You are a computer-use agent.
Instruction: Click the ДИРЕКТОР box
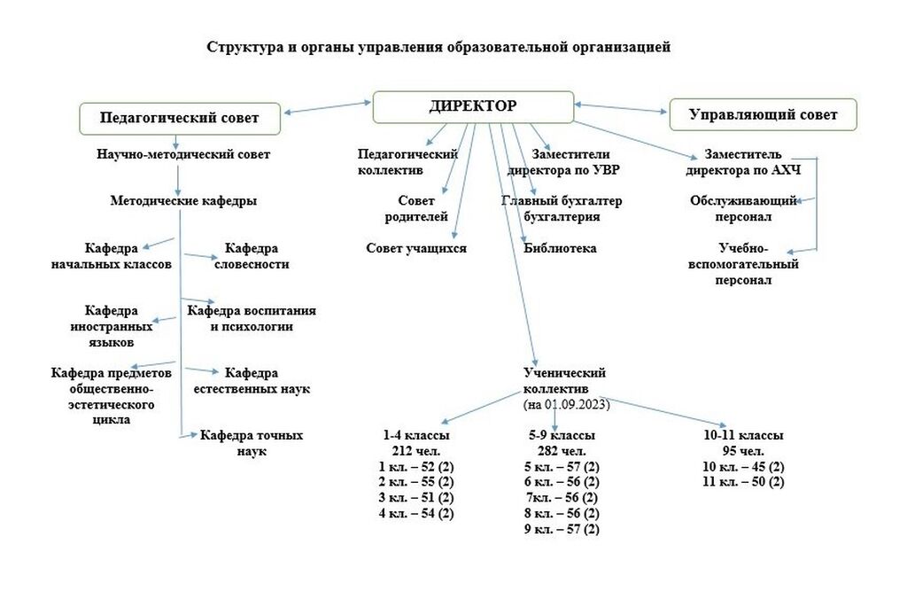pos(473,107)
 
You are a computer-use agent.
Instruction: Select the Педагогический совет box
pos(180,119)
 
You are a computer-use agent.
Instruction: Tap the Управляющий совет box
pos(763,114)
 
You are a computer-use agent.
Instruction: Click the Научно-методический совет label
pos(183,154)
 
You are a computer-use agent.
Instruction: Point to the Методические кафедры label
pos(183,201)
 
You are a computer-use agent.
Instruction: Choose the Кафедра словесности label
pos(252,256)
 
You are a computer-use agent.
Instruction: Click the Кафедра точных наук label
pos(252,443)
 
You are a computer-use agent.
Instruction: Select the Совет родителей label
pos(416,208)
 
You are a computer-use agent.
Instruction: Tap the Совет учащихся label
pos(416,248)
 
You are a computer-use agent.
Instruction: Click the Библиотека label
pos(560,248)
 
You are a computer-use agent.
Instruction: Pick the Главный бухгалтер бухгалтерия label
pos(562,208)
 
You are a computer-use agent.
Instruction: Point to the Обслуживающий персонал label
pos(743,208)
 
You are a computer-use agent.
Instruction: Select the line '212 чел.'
pos(416,451)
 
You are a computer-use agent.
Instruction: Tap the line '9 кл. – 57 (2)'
pos(562,529)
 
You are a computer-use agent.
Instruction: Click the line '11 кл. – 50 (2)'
pos(743,482)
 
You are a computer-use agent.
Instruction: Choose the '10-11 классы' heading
pos(743,435)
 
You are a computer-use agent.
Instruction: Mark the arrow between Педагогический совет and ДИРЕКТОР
pos(327,107)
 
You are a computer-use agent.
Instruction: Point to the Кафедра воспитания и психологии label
pos(252,318)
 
